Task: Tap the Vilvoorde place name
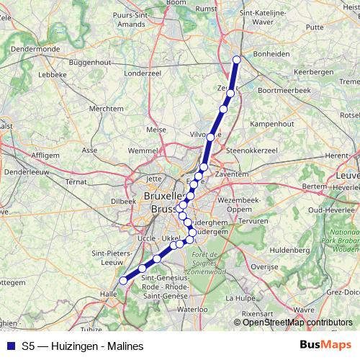tap(203, 135)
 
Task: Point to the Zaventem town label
tap(231, 174)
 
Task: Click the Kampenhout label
tap(271, 124)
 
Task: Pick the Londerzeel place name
tap(143, 73)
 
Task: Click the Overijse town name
tap(265, 265)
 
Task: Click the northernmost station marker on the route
tap(237, 60)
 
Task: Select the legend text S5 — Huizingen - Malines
tap(83, 346)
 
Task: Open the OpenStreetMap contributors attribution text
tap(297, 322)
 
